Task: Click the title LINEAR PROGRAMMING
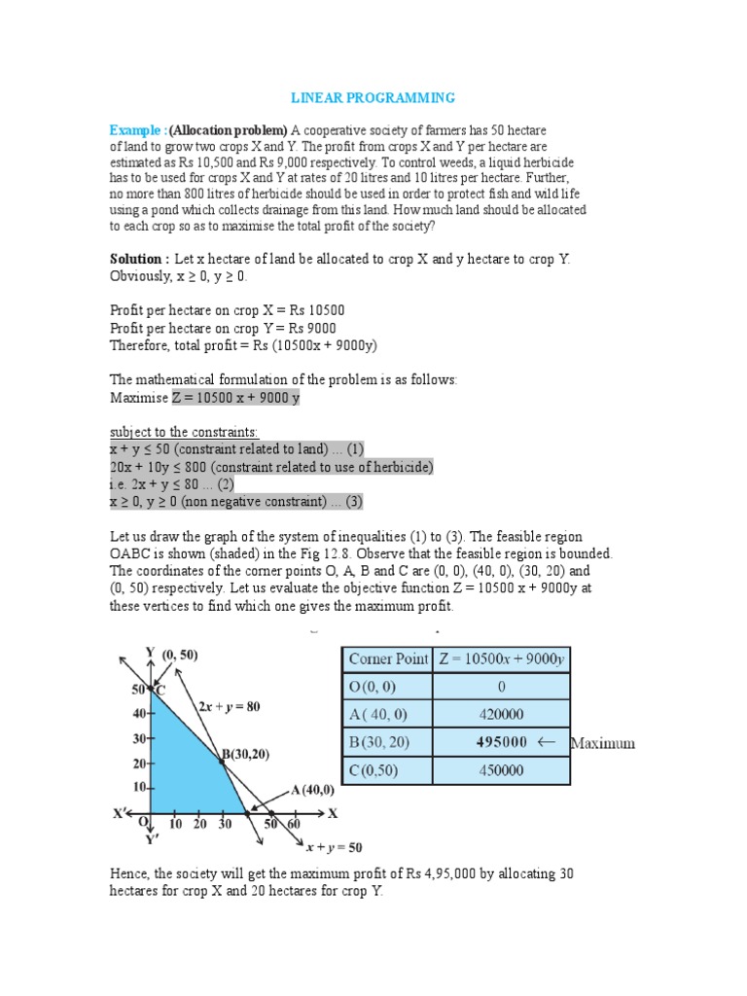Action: tap(374, 98)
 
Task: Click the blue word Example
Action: tap(137, 129)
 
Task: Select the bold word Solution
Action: tap(137, 259)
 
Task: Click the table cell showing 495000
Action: tap(502, 742)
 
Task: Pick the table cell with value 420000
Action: tap(502, 714)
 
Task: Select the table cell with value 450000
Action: tap(502, 770)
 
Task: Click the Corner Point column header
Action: tap(387, 658)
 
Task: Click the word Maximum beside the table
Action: tap(602, 743)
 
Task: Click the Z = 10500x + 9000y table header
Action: tap(502, 658)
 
